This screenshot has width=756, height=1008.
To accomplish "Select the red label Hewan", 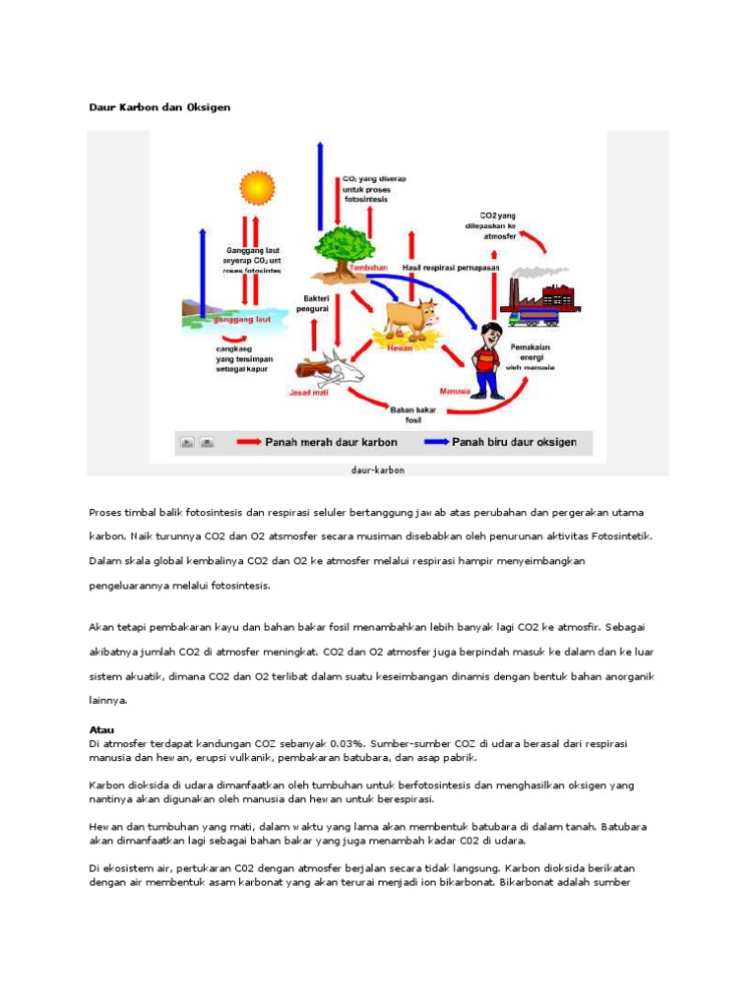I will (401, 347).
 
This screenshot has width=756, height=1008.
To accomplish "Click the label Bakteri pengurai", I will (317, 302).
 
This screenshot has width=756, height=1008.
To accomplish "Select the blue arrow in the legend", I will (435, 443).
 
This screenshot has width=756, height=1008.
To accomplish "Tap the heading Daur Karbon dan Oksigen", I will (159, 106).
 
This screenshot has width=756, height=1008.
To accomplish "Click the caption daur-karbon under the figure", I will (378, 470).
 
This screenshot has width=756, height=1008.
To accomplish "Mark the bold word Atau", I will (101, 729).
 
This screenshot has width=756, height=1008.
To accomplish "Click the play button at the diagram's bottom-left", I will (187, 443).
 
